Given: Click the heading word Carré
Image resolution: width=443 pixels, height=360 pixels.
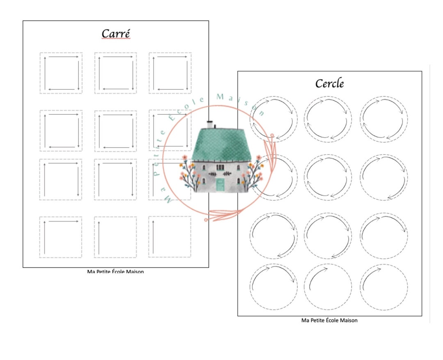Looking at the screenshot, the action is (x=116, y=34).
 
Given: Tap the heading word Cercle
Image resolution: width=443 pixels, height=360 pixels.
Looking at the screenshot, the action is (x=329, y=83).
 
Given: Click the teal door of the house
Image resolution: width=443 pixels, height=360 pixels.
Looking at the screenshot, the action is (x=220, y=185).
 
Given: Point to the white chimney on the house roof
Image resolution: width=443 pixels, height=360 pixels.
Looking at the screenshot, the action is (x=210, y=125).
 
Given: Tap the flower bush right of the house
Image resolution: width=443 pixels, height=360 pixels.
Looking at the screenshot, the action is (x=254, y=173).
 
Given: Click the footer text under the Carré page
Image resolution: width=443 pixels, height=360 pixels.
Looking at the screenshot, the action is (x=115, y=271).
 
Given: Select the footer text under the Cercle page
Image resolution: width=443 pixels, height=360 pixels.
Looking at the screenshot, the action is (x=329, y=320).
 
